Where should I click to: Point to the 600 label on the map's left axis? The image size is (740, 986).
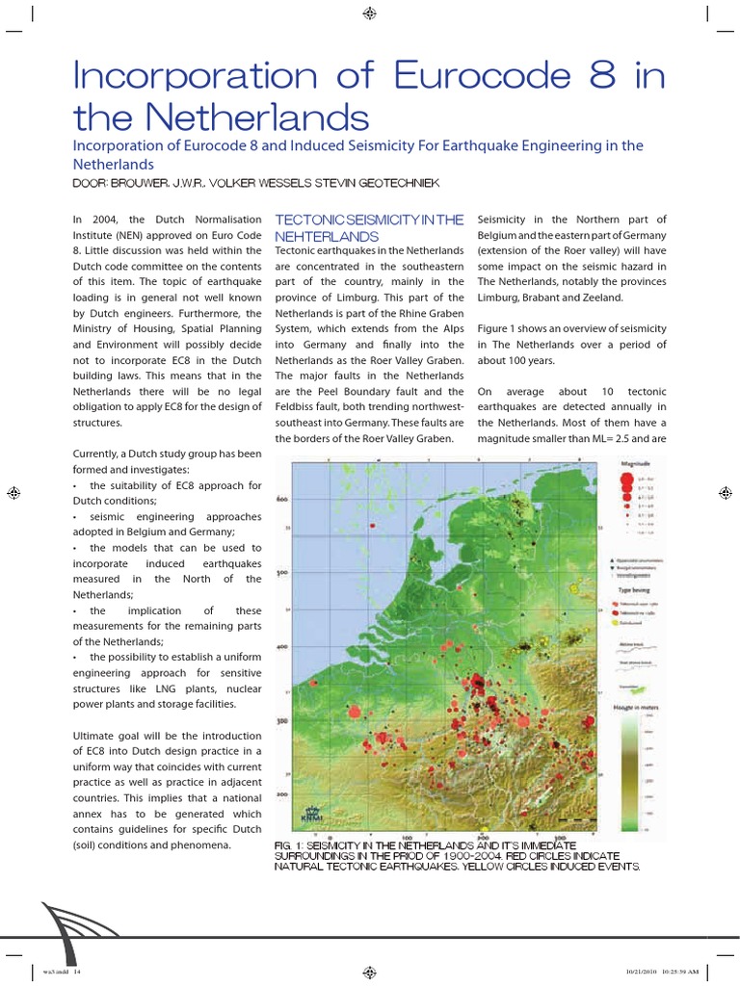click(283, 500)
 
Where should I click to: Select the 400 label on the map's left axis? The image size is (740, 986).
click(283, 646)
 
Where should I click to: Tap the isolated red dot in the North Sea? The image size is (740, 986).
click(354, 711)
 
